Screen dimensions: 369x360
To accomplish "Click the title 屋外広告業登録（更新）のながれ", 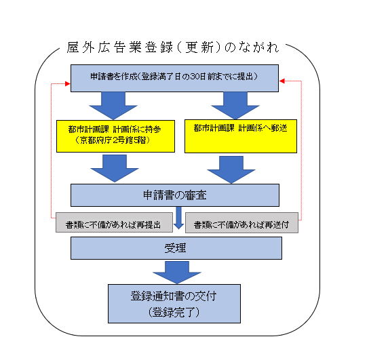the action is coord(173,47).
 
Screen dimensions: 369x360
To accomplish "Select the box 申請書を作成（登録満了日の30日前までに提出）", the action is coord(174,78).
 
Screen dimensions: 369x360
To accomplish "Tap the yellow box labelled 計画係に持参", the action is coord(115,136).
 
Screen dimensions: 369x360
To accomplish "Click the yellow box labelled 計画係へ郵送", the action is coord(241,136).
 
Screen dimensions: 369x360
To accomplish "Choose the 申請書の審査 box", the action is coord(175,195).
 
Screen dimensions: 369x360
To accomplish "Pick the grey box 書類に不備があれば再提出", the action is coord(114,222).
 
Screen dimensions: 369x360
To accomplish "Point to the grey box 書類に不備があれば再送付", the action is coord(241,222).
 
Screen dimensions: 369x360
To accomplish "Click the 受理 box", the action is coord(176,248).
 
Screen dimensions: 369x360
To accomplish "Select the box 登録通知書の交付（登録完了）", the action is coord(174,304).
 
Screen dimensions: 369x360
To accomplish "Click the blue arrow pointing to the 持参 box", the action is coord(113,105).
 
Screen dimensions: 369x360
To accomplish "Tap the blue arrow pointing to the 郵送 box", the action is coord(235,105).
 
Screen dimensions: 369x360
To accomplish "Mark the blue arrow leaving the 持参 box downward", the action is coord(115,168).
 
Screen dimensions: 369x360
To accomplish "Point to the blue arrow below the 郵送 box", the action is coord(231,169).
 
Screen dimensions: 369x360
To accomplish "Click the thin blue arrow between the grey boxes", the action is coord(178,218).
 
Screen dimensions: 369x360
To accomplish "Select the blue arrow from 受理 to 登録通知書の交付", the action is coord(177,273).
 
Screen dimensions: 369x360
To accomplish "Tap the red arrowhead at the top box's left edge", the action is coord(68,83).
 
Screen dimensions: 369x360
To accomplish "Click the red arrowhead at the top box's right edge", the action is coord(282,81).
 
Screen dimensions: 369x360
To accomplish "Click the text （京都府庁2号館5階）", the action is coord(113,140).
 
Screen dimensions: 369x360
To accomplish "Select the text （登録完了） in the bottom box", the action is coord(174,313).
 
